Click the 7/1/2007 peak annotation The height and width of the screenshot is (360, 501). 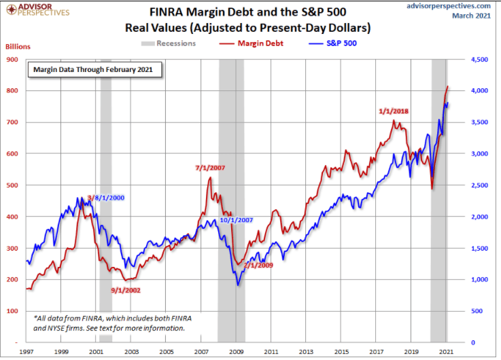click(x=209, y=168)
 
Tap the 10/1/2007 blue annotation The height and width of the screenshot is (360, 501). click(x=237, y=220)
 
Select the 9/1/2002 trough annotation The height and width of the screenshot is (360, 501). click(x=127, y=290)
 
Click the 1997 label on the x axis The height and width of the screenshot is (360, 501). click(x=27, y=353)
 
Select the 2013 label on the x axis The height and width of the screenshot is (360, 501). click(x=306, y=353)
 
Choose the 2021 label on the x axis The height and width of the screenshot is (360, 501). click(x=447, y=353)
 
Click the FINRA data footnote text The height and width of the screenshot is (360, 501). click(x=109, y=323)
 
